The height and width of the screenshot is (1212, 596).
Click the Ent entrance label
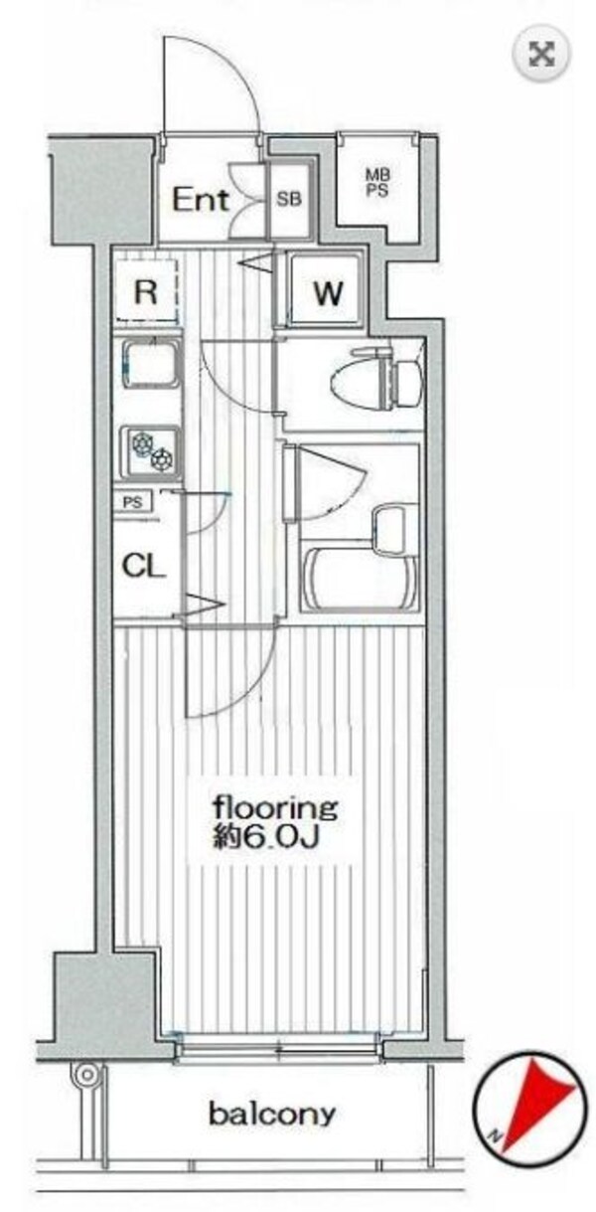[x=200, y=200]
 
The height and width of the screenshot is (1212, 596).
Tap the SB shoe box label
[x=289, y=200]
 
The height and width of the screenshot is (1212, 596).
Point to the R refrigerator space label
[x=146, y=291]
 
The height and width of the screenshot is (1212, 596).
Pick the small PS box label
[x=132, y=502]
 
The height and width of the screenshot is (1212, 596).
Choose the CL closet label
[x=143, y=566]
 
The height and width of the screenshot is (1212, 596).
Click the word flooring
[x=275, y=807]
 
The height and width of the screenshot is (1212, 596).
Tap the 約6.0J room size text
[x=266, y=836]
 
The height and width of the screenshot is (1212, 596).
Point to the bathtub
[x=361, y=580]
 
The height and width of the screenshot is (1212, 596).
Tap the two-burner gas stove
[x=150, y=452]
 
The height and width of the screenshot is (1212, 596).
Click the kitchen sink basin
[x=150, y=364]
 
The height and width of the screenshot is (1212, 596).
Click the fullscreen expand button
[x=541, y=55]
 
